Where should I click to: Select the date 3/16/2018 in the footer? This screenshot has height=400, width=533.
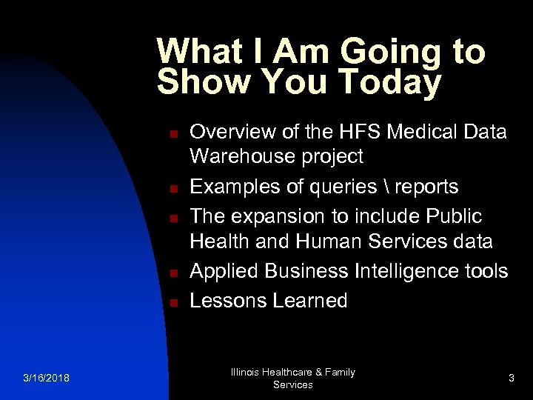tap(46, 379)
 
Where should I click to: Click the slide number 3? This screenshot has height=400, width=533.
tap(511, 379)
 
